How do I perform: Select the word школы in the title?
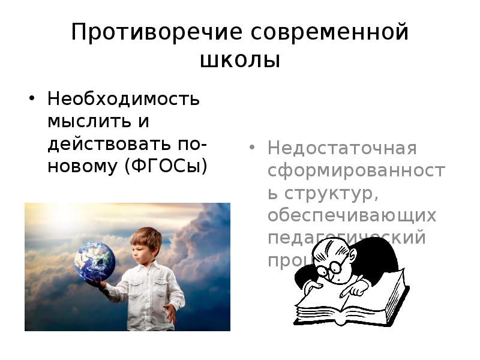click(240, 60)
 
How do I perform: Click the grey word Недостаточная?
click(342, 148)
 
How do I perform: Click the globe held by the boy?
click(95, 262)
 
